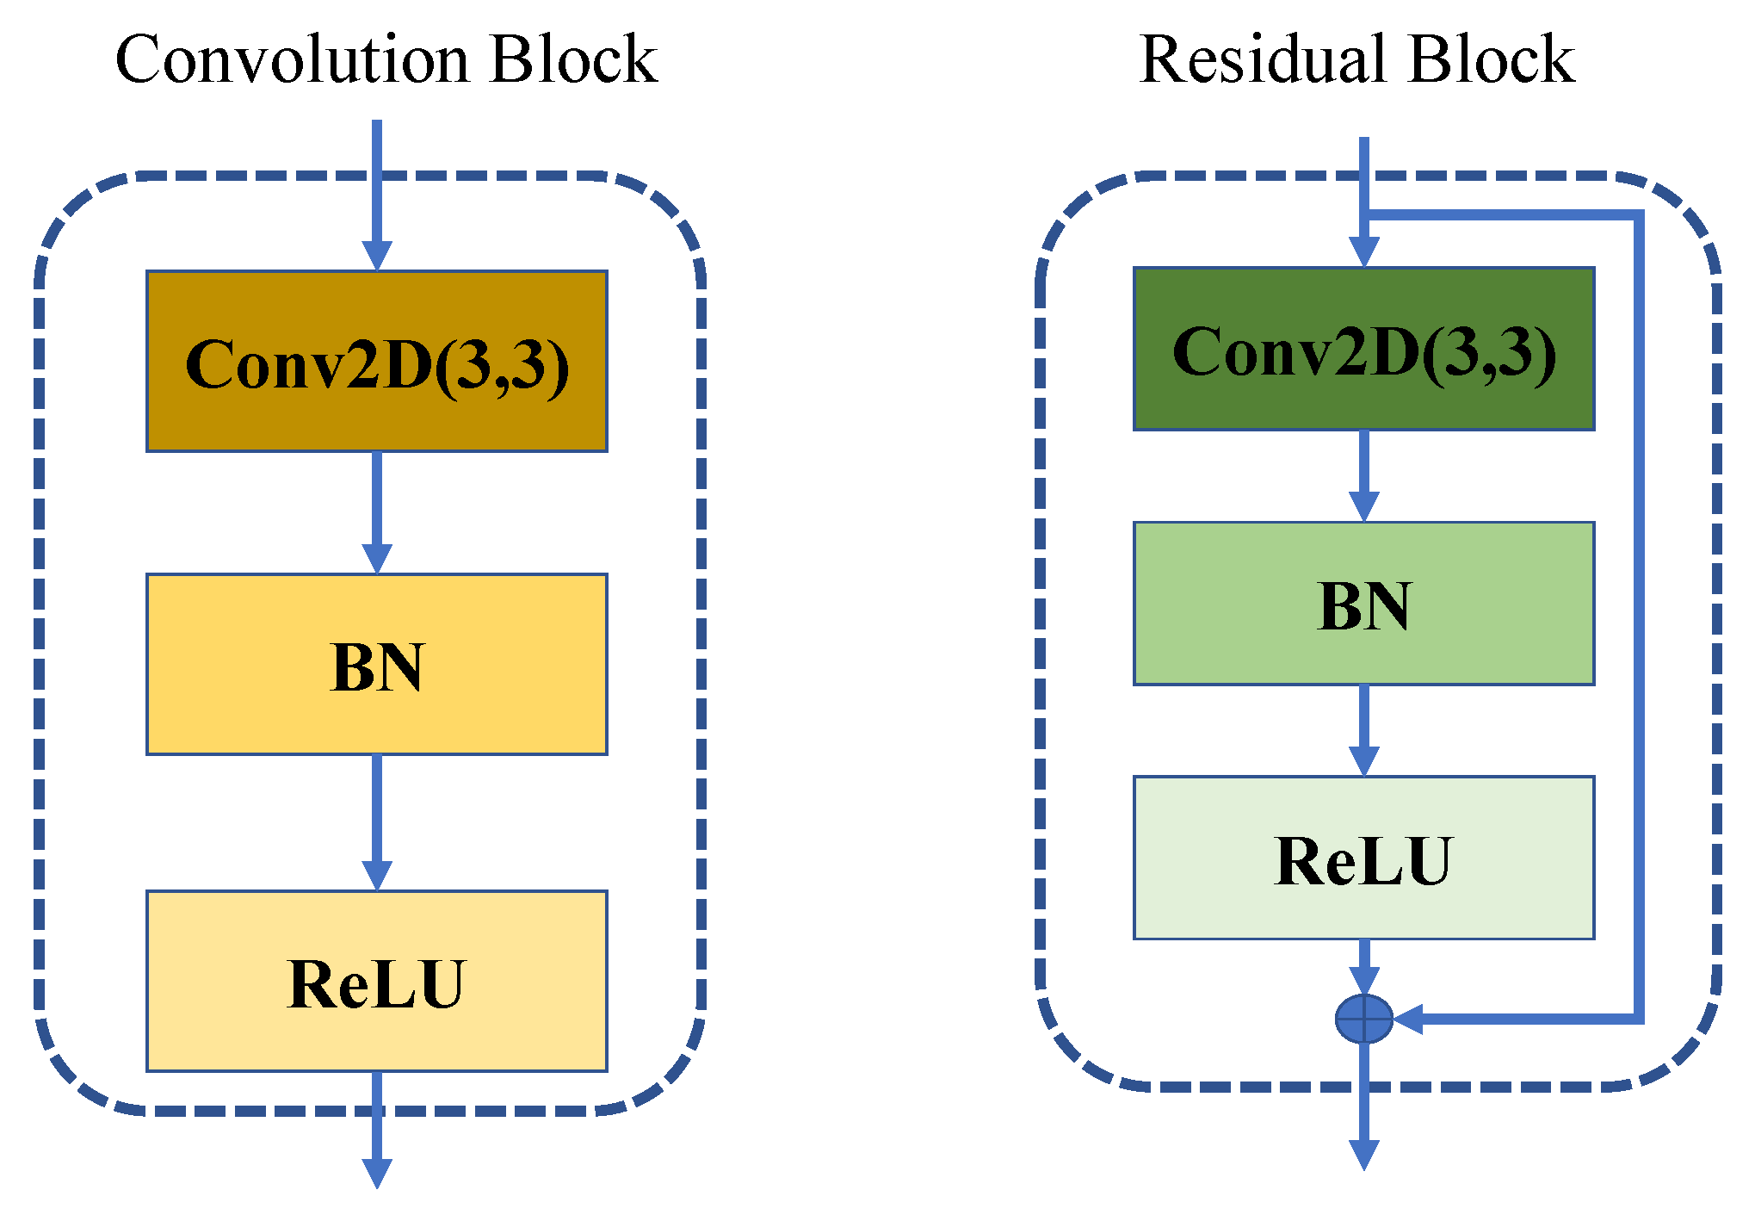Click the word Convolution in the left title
click(x=292, y=60)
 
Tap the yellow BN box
click(x=376, y=664)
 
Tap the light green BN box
click(x=1363, y=604)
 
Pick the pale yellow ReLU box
click(x=376, y=981)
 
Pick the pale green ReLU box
click(x=1363, y=858)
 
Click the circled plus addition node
click(x=1363, y=1019)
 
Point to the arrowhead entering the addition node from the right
click(x=1408, y=1019)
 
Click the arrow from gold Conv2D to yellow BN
click(x=376, y=511)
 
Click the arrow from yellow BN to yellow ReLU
click(x=376, y=821)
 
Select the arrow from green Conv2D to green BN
click(x=1363, y=474)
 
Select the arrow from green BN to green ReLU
click(x=1363, y=729)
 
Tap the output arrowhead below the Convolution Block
click(x=376, y=1172)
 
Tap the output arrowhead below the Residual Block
click(x=1363, y=1155)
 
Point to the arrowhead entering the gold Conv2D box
click(x=376, y=256)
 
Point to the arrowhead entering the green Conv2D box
click(x=1363, y=252)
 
